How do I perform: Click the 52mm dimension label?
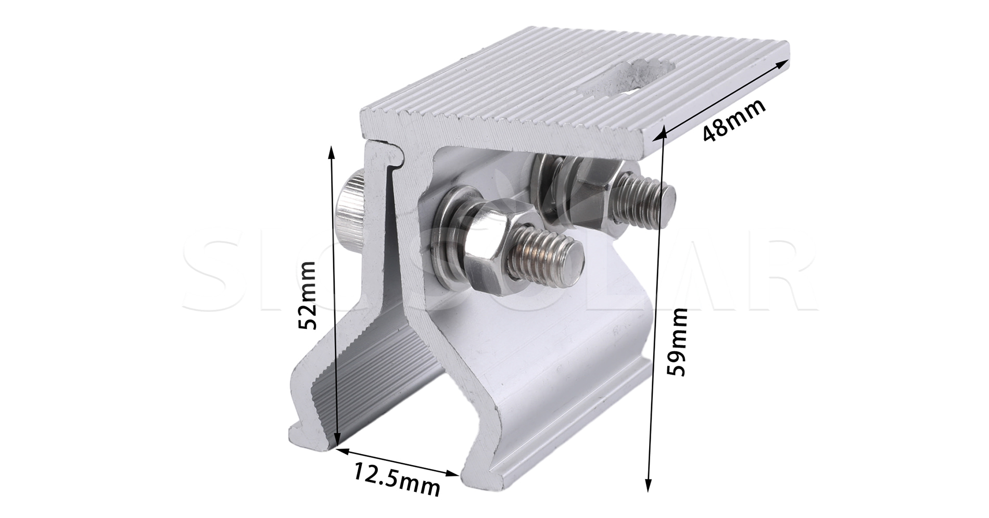307,296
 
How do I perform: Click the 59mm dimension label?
677,342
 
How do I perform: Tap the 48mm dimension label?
734,120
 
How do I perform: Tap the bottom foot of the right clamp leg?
500,476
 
